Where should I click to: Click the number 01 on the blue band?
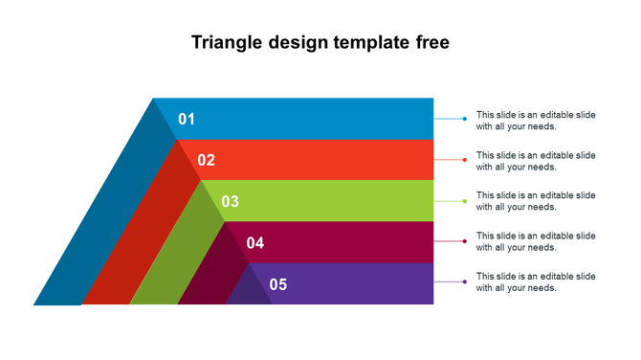[x=187, y=119]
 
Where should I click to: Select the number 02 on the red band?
[x=207, y=160]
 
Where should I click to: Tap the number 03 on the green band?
[x=231, y=201]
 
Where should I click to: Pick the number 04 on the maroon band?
[x=255, y=243]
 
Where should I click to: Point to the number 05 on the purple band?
[x=278, y=284]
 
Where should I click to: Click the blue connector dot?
[x=465, y=119]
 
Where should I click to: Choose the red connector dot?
[x=465, y=160]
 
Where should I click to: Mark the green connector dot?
[x=465, y=201]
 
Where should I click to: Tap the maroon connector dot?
[x=465, y=241]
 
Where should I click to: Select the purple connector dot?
[x=465, y=281]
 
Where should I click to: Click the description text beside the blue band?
[x=536, y=120]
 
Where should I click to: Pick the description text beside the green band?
[x=536, y=201]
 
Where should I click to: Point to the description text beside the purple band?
[x=536, y=281]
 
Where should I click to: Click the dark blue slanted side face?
[x=100, y=220]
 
